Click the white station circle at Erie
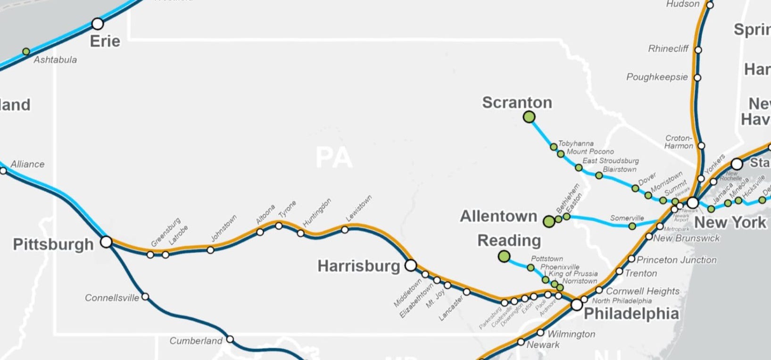point(98,24)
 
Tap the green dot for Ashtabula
point(26,51)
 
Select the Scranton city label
point(517,102)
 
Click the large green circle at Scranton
point(529,117)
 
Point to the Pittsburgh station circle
point(107,242)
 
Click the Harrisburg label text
point(358,266)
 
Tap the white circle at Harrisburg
point(411,265)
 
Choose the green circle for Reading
point(504,257)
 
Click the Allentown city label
point(498,216)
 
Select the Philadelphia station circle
point(577,305)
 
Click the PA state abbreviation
point(334,158)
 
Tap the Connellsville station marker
point(145,297)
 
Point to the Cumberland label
point(196,341)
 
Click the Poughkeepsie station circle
point(697,78)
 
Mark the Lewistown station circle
point(345,230)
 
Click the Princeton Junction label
point(676,260)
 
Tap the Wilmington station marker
point(540,333)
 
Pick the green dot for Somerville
point(632,226)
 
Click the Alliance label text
point(27,164)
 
